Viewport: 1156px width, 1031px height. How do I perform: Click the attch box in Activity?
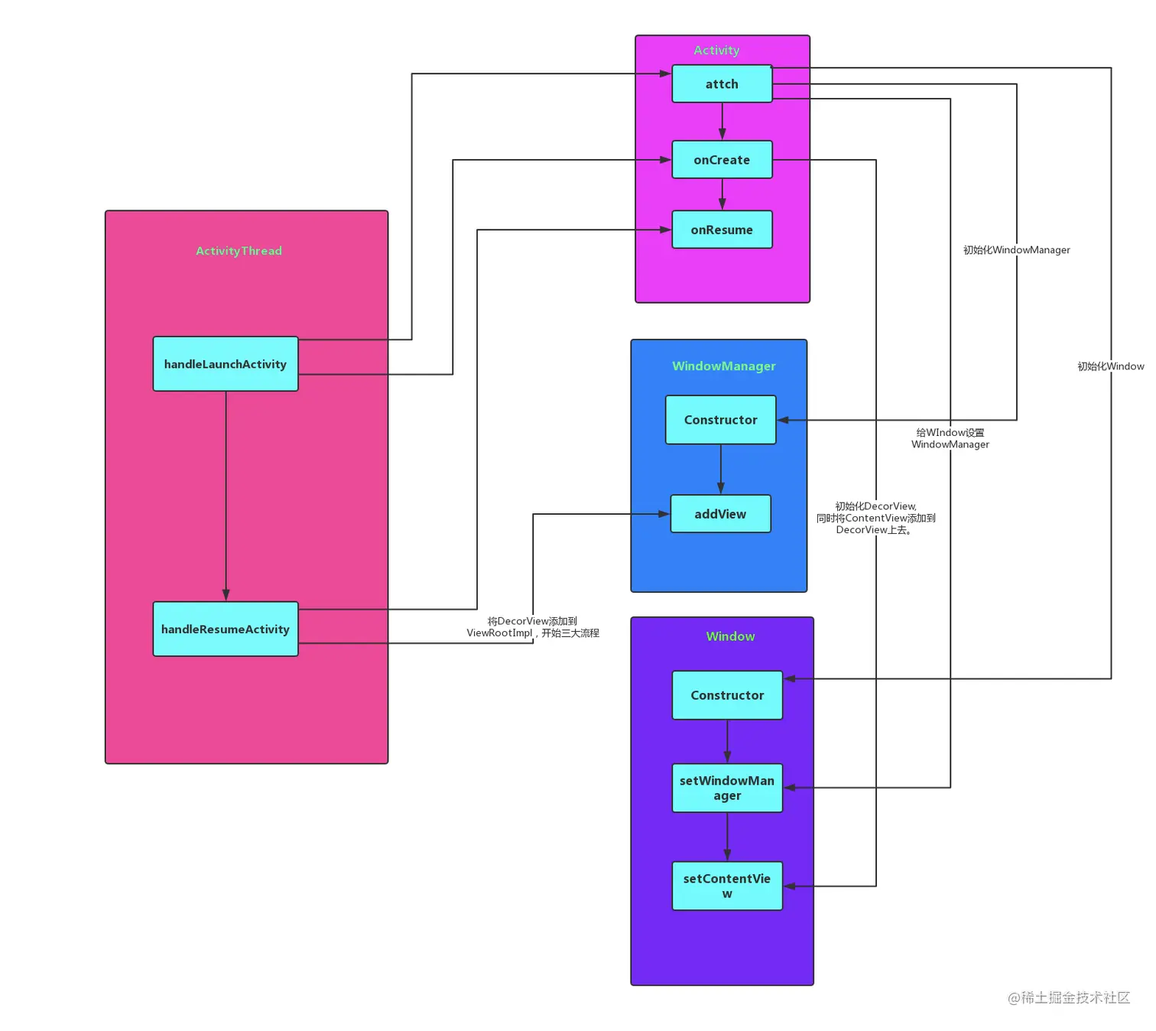point(722,84)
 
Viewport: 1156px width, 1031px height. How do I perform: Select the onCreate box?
point(722,160)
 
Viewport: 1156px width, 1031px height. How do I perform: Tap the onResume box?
point(722,229)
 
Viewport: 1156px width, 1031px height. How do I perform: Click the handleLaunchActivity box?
point(226,364)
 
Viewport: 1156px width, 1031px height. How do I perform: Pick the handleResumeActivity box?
point(226,629)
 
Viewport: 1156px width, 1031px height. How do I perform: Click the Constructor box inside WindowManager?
point(720,420)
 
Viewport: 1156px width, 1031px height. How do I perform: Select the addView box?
point(720,514)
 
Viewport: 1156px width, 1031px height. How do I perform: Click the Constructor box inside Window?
point(727,695)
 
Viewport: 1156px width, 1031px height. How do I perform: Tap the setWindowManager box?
point(727,788)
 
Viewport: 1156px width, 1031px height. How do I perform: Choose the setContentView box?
point(727,886)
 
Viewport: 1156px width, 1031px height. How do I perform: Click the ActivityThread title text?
point(239,251)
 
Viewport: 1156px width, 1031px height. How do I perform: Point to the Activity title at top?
point(716,50)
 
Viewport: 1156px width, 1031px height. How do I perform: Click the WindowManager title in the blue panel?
point(723,366)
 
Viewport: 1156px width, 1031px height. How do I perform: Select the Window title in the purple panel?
point(730,636)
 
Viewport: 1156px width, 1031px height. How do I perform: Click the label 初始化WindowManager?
point(1016,250)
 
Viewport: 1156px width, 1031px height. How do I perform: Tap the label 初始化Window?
point(1110,366)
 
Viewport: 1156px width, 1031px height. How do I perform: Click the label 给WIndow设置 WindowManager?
point(950,438)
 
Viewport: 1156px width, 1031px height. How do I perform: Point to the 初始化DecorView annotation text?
point(875,518)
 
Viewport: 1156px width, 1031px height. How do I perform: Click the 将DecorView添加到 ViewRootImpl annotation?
point(533,627)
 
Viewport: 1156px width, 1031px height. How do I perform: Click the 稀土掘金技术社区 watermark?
point(1068,997)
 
